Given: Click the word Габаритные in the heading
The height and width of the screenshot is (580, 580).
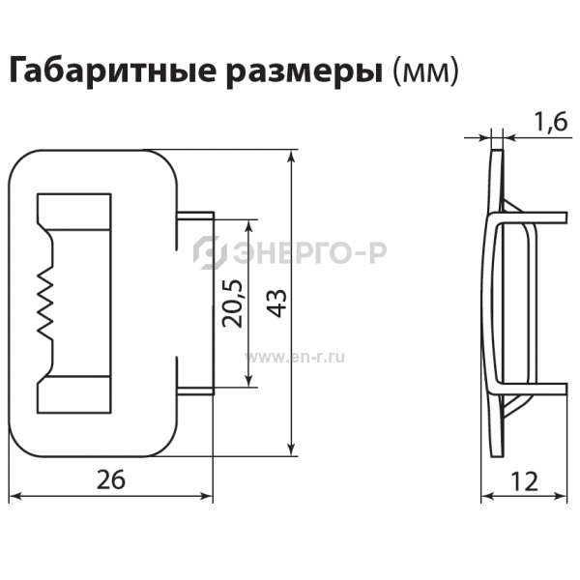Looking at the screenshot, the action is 112,70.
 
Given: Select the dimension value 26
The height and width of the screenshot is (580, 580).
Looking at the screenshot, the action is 111,479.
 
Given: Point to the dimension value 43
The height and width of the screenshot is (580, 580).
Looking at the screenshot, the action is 277,303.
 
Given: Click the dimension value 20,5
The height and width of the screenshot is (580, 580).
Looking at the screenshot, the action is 232,304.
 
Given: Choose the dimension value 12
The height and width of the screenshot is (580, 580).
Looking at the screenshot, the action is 524,481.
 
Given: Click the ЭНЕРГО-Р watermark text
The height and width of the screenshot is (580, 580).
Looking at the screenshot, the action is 309,252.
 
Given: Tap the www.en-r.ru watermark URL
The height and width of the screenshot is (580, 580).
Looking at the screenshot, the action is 295,358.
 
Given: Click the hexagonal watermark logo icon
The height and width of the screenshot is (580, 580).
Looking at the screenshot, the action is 210,252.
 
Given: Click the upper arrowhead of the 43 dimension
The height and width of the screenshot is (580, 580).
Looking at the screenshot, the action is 293,157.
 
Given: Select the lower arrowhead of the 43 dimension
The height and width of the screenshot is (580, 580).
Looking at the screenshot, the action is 293,449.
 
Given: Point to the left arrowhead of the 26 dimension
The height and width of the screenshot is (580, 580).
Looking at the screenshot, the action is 14,497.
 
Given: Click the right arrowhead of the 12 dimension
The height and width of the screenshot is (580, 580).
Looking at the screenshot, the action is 561,497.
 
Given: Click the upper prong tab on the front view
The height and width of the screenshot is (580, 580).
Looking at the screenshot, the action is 195,216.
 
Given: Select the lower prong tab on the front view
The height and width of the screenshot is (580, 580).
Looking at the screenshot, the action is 195,391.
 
